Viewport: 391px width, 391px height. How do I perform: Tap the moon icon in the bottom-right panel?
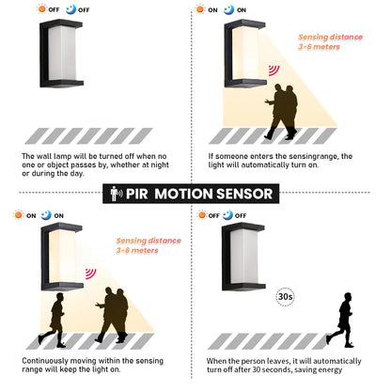[x=242, y=215]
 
